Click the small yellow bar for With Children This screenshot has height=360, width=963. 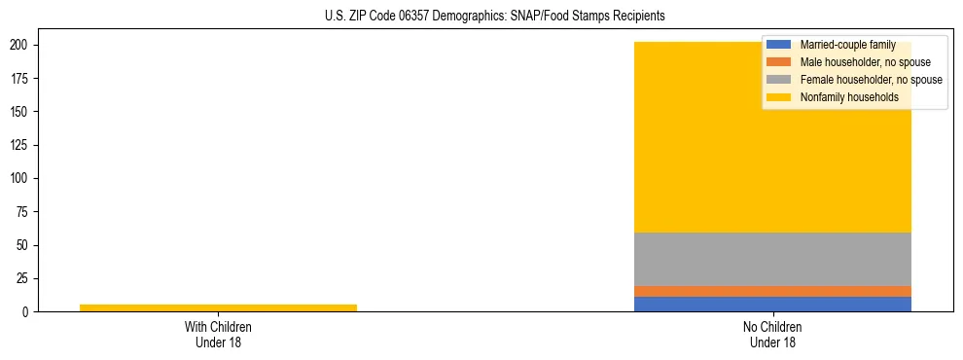[x=218, y=307]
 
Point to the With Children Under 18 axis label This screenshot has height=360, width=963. [x=218, y=335]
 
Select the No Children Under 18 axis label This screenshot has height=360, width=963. [x=772, y=335]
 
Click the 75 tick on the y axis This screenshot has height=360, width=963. [x=26, y=212]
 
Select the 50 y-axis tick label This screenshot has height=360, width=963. [x=26, y=245]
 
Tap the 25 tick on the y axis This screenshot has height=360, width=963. [x=26, y=279]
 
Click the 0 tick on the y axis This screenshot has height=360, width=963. [x=29, y=312]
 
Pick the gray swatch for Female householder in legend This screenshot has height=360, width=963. [x=779, y=80]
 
